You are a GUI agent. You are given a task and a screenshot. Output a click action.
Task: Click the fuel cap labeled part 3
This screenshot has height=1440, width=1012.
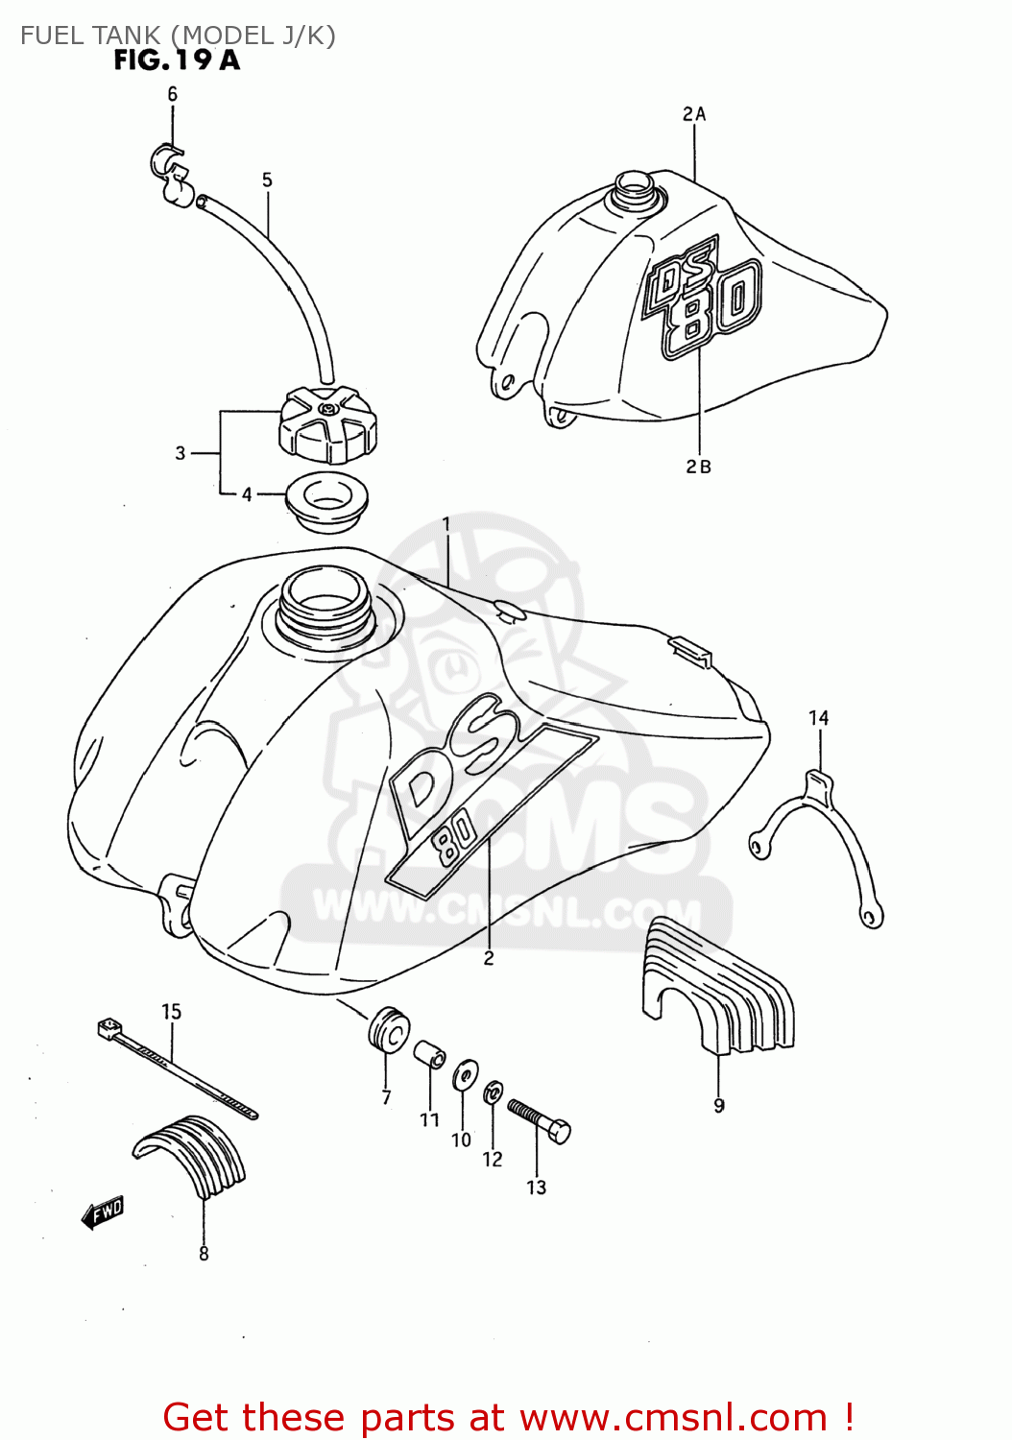[x=327, y=424]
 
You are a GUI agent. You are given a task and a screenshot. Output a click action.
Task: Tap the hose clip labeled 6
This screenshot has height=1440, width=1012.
[x=171, y=171]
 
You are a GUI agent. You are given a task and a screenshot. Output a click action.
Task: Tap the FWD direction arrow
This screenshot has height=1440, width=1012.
[x=103, y=1212]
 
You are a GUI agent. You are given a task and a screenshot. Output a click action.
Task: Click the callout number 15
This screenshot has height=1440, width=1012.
[x=171, y=1012]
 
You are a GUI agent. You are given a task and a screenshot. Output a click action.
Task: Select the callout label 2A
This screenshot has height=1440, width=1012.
[x=694, y=114]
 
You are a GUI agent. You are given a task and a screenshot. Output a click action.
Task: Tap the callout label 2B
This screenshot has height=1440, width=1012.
[x=698, y=467]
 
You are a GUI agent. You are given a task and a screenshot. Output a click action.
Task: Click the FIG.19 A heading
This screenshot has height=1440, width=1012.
[x=177, y=60]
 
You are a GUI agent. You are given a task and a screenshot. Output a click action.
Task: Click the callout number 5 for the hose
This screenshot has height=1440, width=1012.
[x=267, y=180]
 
